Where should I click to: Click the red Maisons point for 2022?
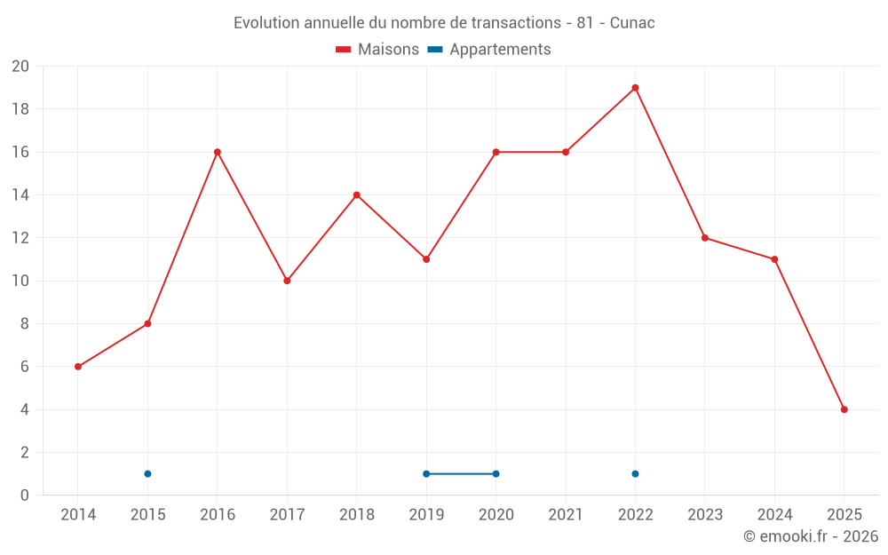tap(635, 88)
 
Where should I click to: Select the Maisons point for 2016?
tap(217, 152)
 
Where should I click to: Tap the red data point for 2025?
tap(844, 409)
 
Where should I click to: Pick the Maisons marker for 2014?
tap(78, 367)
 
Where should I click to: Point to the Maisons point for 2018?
tap(356, 195)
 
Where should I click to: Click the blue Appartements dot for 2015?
tap(147, 473)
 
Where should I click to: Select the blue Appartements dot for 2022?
tap(635, 473)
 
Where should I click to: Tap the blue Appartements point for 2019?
tap(426, 473)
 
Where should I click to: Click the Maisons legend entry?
tap(377, 50)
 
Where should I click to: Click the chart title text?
tap(444, 23)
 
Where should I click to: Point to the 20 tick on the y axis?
tap(20, 67)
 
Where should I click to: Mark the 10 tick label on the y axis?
tap(20, 281)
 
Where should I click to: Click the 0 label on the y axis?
tap(25, 495)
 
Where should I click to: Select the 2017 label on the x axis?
tap(287, 515)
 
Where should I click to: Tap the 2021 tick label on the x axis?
tap(566, 515)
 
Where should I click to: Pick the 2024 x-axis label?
tap(774, 515)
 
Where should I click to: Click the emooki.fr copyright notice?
tap(810, 536)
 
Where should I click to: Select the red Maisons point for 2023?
tap(705, 238)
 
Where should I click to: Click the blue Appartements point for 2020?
tap(496, 473)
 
